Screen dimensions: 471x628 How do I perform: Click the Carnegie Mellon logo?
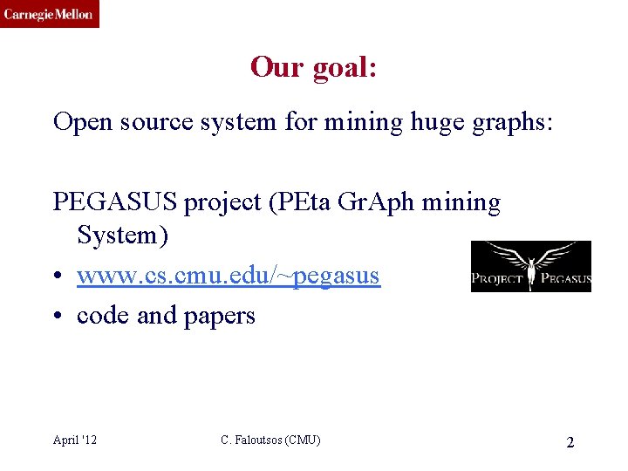(49, 14)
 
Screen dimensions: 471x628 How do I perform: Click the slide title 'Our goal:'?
(313, 66)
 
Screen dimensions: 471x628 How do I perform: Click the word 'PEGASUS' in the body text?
(115, 202)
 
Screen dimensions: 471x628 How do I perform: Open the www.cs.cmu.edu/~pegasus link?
(228, 276)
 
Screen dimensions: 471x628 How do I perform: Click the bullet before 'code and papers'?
(58, 316)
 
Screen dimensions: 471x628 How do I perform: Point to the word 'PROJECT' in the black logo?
(497, 280)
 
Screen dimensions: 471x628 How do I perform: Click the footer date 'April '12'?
(75, 440)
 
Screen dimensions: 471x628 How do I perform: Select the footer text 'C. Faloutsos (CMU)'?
(270, 440)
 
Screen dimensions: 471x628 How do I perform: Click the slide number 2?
(570, 442)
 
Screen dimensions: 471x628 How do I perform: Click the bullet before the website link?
(58, 276)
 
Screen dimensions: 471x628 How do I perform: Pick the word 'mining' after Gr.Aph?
(461, 202)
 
